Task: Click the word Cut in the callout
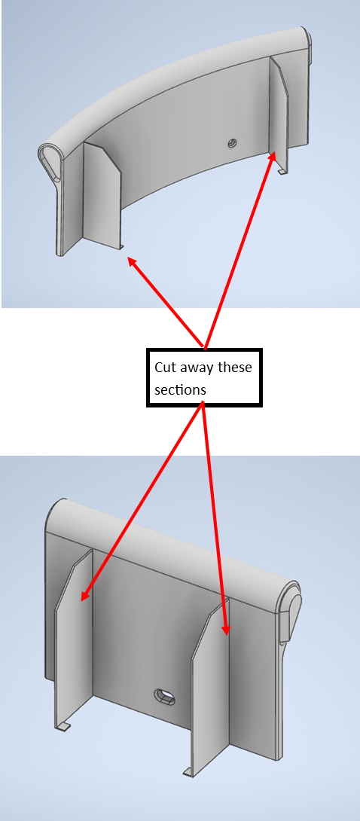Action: pos(165,368)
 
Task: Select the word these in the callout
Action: pos(234,368)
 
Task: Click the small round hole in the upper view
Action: pos(232,142)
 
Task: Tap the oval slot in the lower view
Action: pos(165,697)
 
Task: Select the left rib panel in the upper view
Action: pos(102,195)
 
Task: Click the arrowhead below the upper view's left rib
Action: pos(132,261)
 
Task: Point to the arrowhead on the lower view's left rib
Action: pos(84,594)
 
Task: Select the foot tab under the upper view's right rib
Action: pos(282,172)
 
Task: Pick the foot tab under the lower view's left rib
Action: pos(63,726)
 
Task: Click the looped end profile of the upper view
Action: pos(50,160)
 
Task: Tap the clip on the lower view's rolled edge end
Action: pos(289,618)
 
